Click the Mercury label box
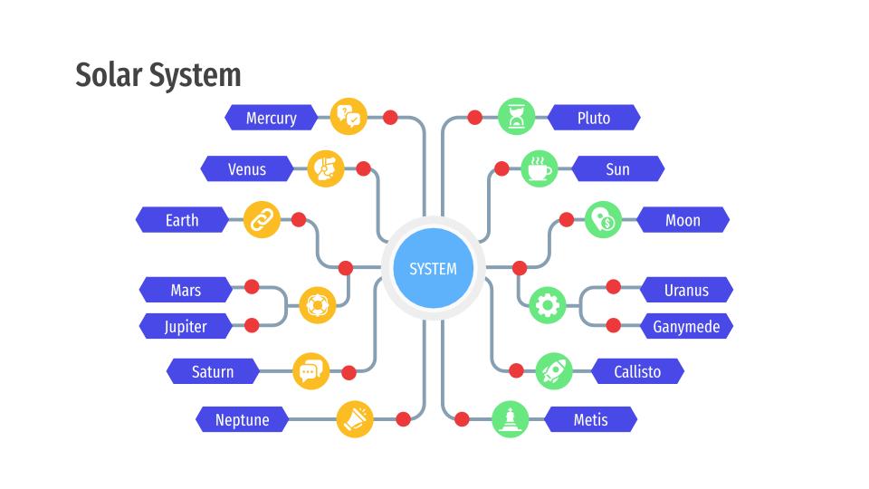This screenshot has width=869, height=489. pos(271,118)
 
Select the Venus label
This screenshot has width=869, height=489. pos(247,169)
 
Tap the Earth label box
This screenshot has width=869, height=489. pos(182,220)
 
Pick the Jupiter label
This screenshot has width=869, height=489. pos(186,327)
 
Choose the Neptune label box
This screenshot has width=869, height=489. pos(242,420)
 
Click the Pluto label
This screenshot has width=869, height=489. pos(594,118)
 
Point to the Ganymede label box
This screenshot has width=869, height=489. pos(686,327)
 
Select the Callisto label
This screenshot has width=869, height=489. pos(637,371)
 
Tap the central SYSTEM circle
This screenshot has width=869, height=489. pos(433,269)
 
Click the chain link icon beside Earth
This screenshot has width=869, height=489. pos(263,220)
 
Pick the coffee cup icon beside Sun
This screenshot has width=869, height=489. pos(540,169)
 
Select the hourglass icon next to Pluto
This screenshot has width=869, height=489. pos(516,117)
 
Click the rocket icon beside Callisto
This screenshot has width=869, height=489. pos(554,370)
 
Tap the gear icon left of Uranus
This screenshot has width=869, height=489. pos(547,305)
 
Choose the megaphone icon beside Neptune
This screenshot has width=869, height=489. pos(355,419)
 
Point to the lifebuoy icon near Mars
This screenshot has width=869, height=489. pos(317,305)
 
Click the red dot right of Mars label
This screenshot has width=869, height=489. pos(252,287)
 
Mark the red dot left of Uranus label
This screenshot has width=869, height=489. pos(613,287)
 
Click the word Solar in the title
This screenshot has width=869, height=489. pos(106,75)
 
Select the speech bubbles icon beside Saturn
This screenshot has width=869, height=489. pos(310,371)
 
